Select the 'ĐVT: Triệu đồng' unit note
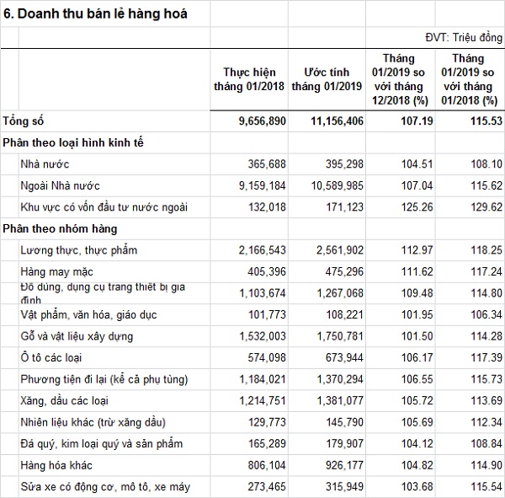(x=464, y=39)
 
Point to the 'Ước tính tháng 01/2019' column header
(x=327, y=78)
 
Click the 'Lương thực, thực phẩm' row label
(x=78, y=250)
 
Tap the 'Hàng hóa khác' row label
(x=55, y=464)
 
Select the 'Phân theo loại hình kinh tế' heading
(x=73, y=142)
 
